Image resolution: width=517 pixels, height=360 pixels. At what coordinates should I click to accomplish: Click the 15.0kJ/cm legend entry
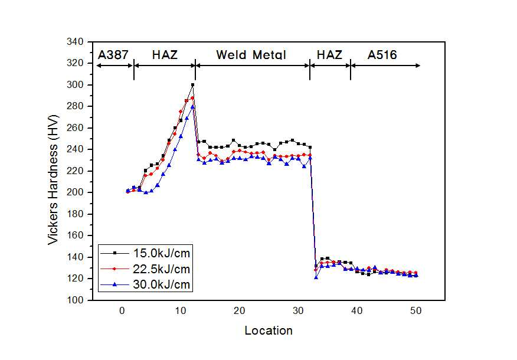[145, 253]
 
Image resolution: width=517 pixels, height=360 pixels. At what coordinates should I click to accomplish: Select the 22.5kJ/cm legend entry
[145, 269]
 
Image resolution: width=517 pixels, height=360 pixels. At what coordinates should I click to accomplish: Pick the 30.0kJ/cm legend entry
[145, 284]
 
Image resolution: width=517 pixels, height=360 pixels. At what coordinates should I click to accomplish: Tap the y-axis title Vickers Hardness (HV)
[53, 179]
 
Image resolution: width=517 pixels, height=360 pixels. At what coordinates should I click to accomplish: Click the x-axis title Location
[269, 330]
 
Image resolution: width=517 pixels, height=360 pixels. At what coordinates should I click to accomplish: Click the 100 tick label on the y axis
[75, 300]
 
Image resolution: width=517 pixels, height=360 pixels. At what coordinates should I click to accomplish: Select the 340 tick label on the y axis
[75, 42]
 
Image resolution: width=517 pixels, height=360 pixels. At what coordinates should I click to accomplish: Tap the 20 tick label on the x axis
[240, 311]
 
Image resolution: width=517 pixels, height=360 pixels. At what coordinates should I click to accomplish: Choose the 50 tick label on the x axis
[415, 311]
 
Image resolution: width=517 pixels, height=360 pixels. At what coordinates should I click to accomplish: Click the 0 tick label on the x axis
[122, 311]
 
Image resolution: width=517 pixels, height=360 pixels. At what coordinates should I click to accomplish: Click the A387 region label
[113, 55]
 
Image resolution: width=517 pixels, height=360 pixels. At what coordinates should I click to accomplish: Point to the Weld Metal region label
[251, 55]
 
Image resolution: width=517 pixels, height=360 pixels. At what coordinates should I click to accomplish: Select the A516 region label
[382, 55]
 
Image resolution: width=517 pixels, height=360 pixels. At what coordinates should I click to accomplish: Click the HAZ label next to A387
[165, 55]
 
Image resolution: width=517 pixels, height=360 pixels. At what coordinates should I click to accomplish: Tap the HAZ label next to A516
[329, 55]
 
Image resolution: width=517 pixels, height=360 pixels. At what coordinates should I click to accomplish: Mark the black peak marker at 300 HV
[192, 85]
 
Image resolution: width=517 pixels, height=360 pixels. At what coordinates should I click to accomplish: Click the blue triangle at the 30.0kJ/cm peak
[192, 106]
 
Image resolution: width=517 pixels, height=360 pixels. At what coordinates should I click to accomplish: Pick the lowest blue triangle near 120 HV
[316, 277]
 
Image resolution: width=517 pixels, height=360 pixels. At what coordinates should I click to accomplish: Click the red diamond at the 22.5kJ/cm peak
[192, 98]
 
